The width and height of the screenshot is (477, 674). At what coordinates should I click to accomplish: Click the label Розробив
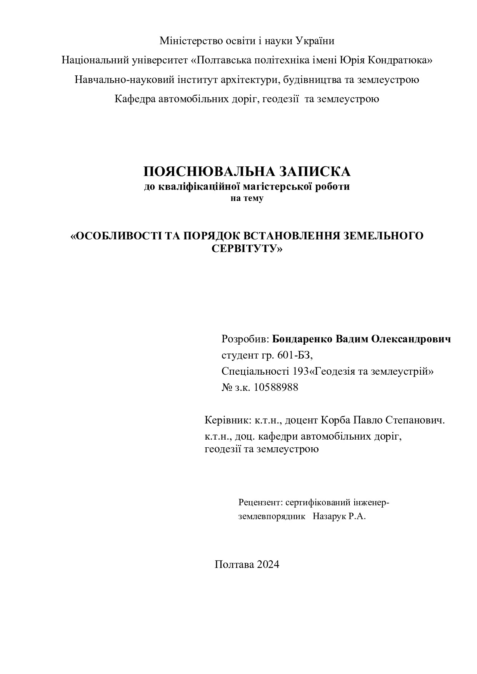(x=245, y=339)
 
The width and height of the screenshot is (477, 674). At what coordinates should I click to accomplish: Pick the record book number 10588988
(x=276, y=387)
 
